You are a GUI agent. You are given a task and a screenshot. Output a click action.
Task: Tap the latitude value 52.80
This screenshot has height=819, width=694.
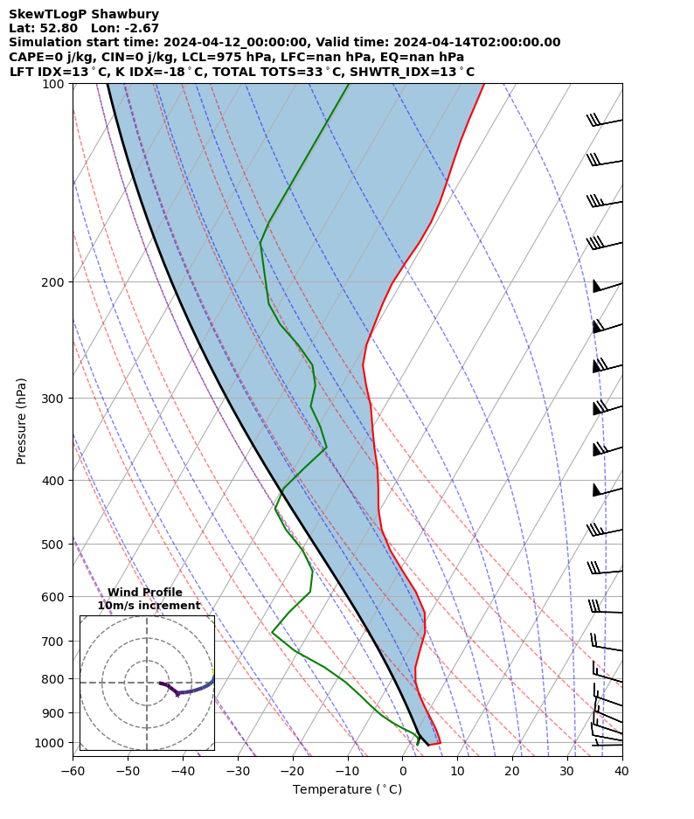coord(59,28)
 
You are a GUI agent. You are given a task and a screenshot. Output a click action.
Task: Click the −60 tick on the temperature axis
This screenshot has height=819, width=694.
coord(73,771)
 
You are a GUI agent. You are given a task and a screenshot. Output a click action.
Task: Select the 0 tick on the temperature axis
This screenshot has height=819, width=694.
coord(402,771)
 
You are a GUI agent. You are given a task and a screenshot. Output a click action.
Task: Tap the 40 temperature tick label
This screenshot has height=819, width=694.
coord(621,771)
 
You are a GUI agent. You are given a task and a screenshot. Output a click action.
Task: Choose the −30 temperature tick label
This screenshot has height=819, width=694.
coord(237,771)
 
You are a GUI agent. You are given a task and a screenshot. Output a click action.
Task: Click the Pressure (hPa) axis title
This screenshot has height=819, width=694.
coord(22,420)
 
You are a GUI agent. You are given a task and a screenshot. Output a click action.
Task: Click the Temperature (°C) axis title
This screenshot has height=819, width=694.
coord(347,790)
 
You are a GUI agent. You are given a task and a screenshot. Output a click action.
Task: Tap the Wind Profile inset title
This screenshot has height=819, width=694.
coord(145,593)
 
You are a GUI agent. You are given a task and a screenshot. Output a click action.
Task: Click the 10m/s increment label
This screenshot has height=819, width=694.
coord(149,606)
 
